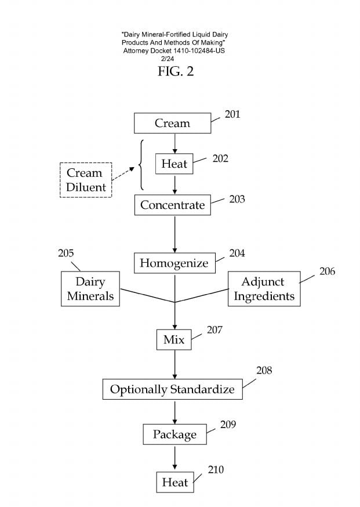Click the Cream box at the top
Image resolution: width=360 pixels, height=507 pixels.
(x=172, y=123)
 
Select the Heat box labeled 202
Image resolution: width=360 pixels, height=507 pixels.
(x=174, y=164)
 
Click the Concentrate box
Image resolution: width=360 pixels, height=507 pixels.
(x=172, y=205)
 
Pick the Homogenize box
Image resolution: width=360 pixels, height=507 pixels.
(x=174, y=263)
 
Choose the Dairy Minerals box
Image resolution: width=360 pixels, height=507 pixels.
(x=90, y=289)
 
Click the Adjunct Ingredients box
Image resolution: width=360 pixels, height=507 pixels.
(x=264, y=289)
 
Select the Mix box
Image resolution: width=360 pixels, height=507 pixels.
(x=174, y=339)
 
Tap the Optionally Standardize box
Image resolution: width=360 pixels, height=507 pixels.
(x=172, y=389)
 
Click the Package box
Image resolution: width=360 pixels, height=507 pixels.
(x=174, y=434)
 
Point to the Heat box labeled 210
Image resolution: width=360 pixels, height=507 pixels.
(x=174, y=482)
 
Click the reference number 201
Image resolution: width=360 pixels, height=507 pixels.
(x=232, y=114)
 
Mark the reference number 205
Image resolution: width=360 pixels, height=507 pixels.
(x=66, y=253)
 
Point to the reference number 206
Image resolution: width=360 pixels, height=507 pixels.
(x=327, y=271)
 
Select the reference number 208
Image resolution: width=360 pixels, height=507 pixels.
(x=264, y=370)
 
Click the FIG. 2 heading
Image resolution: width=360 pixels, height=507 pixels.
(x=176, y=71)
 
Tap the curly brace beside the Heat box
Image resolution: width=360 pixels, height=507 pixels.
(x=141, y=165)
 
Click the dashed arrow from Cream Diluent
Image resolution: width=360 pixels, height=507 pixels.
(x=126, y=176)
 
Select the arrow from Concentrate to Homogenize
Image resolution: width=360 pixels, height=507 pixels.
(x=174, y=234)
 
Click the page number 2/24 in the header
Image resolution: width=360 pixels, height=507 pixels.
(x=174, y=59)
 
